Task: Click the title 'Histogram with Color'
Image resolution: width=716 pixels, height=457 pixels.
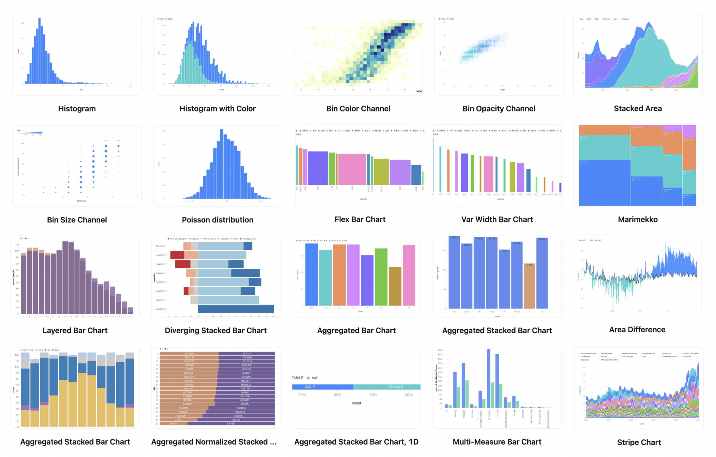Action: click(x=217, y=108)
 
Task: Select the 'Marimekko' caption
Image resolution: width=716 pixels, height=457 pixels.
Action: click(x=638, y=219)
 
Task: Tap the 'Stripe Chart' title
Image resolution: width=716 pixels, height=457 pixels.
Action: click(x=639, y=442)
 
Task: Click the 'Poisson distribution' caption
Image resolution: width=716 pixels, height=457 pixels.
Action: click(x=217, y=220)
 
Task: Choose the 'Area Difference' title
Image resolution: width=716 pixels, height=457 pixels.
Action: click(x=637, y=330)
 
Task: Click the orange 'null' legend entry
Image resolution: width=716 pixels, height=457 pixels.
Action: click(x=312, y=378)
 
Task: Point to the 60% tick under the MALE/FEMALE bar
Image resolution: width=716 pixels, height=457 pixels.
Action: click(x=373, y=395)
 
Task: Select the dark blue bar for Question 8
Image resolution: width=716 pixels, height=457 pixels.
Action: click(x=236, y=309)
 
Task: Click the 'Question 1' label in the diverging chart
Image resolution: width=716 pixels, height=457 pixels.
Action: click(x=161, y=246)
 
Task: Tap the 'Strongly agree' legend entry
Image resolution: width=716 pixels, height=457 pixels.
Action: click(x=248, y=239)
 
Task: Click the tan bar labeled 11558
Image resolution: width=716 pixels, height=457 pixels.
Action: click(x=529, y=285)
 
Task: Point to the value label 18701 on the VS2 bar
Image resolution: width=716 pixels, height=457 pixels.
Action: click(x=454, y=238)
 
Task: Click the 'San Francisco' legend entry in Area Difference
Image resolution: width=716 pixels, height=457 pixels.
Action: click(x=595, y=240)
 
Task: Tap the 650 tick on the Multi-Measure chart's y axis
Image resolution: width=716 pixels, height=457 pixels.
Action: click(x=440, y=350)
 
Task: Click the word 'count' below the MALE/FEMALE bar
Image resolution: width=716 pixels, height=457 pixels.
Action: click(x=356, y=403)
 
